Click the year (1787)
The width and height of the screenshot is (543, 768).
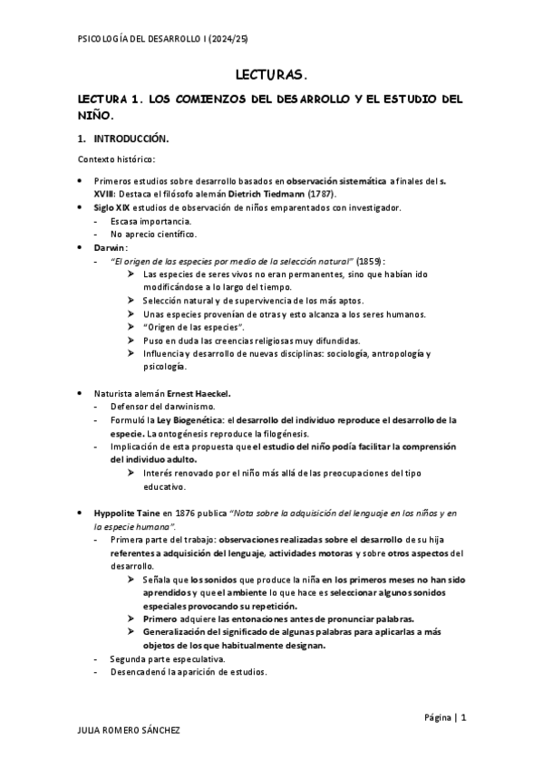pyautogui.click(x=321, y=193)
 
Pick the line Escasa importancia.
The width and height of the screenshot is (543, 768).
pyautogui.click(x=150, y=220)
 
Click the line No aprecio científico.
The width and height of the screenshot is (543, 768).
pyautogui.click(x=153, y=234)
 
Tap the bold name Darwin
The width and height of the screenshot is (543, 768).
pyautogui.click(x=111, y=247)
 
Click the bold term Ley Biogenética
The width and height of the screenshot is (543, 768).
pyautogui.click(x=191, y=420)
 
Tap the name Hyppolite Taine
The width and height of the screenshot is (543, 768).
pyautogui.click(x=129, y=514)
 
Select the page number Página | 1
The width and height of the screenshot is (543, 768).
pyautogui.click(x=444, y=717)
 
